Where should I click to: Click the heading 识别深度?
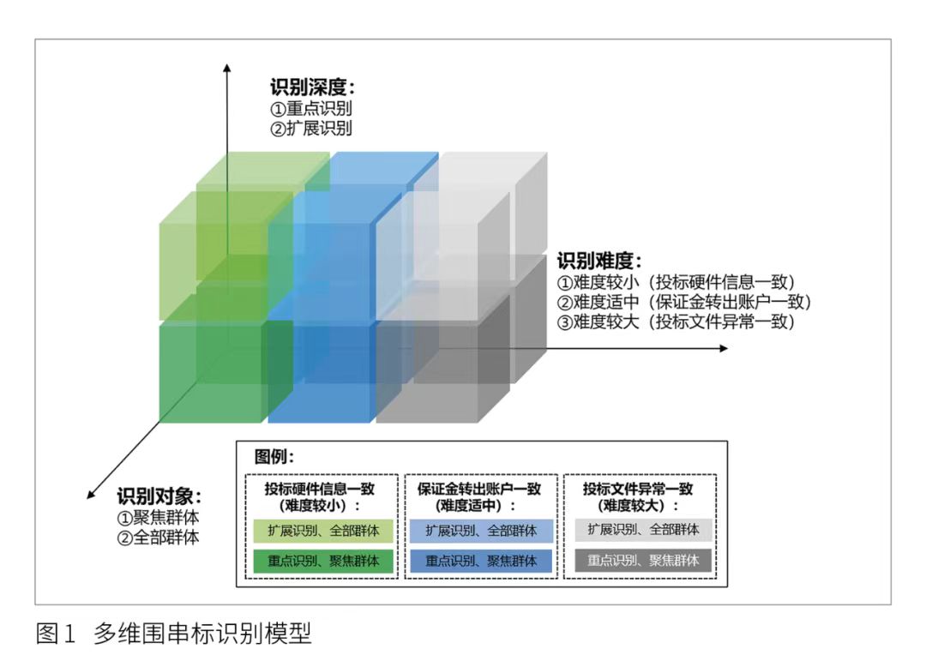(x=312, y=87)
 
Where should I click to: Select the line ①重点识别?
(x=311, y=109)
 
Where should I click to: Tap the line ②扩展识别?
(x=311, y=128)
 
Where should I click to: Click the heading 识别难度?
(x=599, y=261)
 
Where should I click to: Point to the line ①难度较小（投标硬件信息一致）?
(x=676, y=282)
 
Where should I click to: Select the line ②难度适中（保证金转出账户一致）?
(x=684, y=303)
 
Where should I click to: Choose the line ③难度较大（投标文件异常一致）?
(x=676, y=321)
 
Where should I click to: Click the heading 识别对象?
(x=159, y=496)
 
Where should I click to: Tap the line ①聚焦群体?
(x=159, y=518)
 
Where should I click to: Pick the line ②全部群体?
(x=159, y=538)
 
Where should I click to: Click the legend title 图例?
(x=274, y=456)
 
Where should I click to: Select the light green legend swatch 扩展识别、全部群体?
(x=323, y=531)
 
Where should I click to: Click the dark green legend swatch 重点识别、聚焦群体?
(x=323, y=561)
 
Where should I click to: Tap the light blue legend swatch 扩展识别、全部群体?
(x=481, y=531)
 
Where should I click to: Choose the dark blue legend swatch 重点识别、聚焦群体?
(x=481, y=561)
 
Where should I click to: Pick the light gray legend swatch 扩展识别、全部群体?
(x=643, y=530)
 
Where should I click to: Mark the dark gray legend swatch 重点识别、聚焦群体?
(x=643, y=560)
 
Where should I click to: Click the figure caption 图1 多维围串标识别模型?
(x=173, y=634)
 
